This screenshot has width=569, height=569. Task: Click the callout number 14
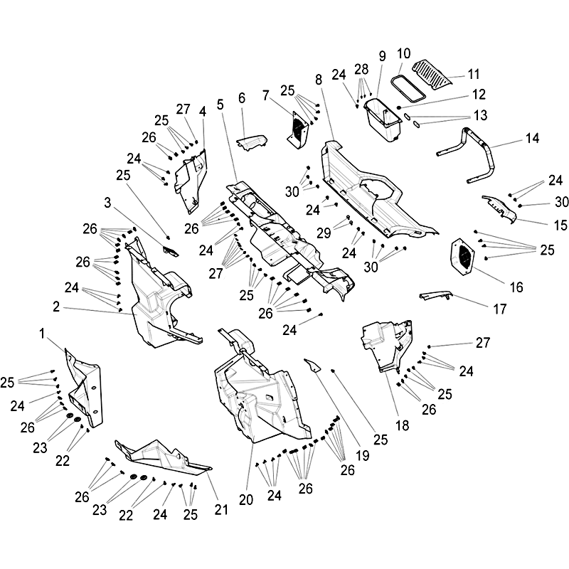click(x=532, y=138)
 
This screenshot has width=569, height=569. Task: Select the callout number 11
click(x=474, y=74)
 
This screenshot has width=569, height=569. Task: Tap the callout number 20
click(x=246, y=500)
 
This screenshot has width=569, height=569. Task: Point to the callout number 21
click(x=221, y=509)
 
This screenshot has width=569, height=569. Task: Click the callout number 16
click(x=516, y=287)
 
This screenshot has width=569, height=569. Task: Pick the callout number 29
click(x=324, y=233)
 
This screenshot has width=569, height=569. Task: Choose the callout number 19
click(x=363, y=455)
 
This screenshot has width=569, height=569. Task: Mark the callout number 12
click(x=479, y=95)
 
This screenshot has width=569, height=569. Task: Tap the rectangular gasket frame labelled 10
click(x=408, y=87)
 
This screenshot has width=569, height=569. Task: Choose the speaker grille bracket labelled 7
click(x=299, y=129)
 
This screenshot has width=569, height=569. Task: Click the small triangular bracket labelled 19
click(x=313, y=365)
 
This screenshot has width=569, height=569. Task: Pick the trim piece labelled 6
click(x=252, y=142)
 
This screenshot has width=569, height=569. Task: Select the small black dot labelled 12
click(x=398, y=107)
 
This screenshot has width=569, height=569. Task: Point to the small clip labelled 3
click(x=171, y=251)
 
